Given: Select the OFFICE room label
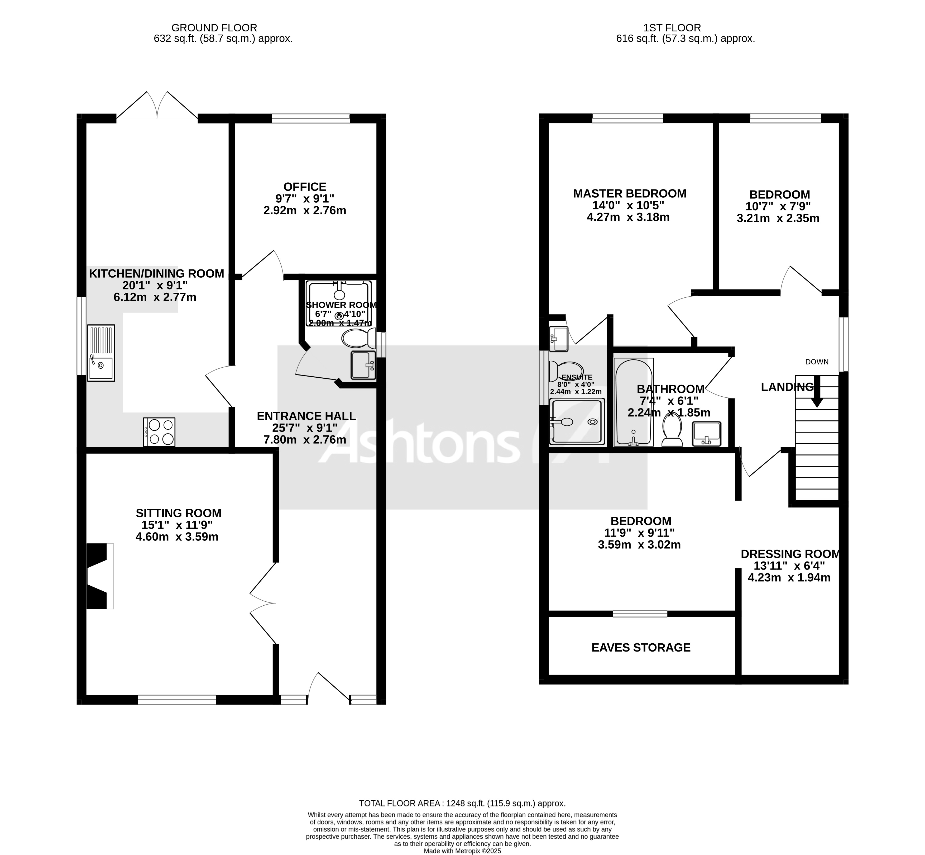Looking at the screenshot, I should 305,187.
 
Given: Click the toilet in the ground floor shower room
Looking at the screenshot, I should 359,339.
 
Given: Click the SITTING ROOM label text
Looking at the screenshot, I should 179,513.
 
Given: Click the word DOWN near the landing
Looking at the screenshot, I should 817,362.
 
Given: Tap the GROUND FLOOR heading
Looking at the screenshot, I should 214,28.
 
